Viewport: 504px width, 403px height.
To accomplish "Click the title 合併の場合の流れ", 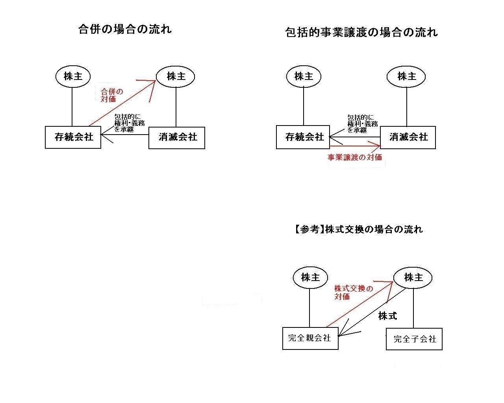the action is pos(125,30).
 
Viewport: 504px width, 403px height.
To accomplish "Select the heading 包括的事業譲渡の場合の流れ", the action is pos(361,32).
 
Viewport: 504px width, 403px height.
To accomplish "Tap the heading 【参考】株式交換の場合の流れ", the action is pos(358,229).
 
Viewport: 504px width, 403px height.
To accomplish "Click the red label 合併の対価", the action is pos(112,95).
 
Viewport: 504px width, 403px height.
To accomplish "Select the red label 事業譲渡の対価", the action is pos(355,157).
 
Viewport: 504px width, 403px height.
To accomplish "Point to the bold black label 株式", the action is pos(387,316).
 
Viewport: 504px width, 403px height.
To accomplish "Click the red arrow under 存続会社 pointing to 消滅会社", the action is pos(355,146).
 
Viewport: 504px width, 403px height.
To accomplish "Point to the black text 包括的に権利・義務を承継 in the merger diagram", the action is pos(129,123).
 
